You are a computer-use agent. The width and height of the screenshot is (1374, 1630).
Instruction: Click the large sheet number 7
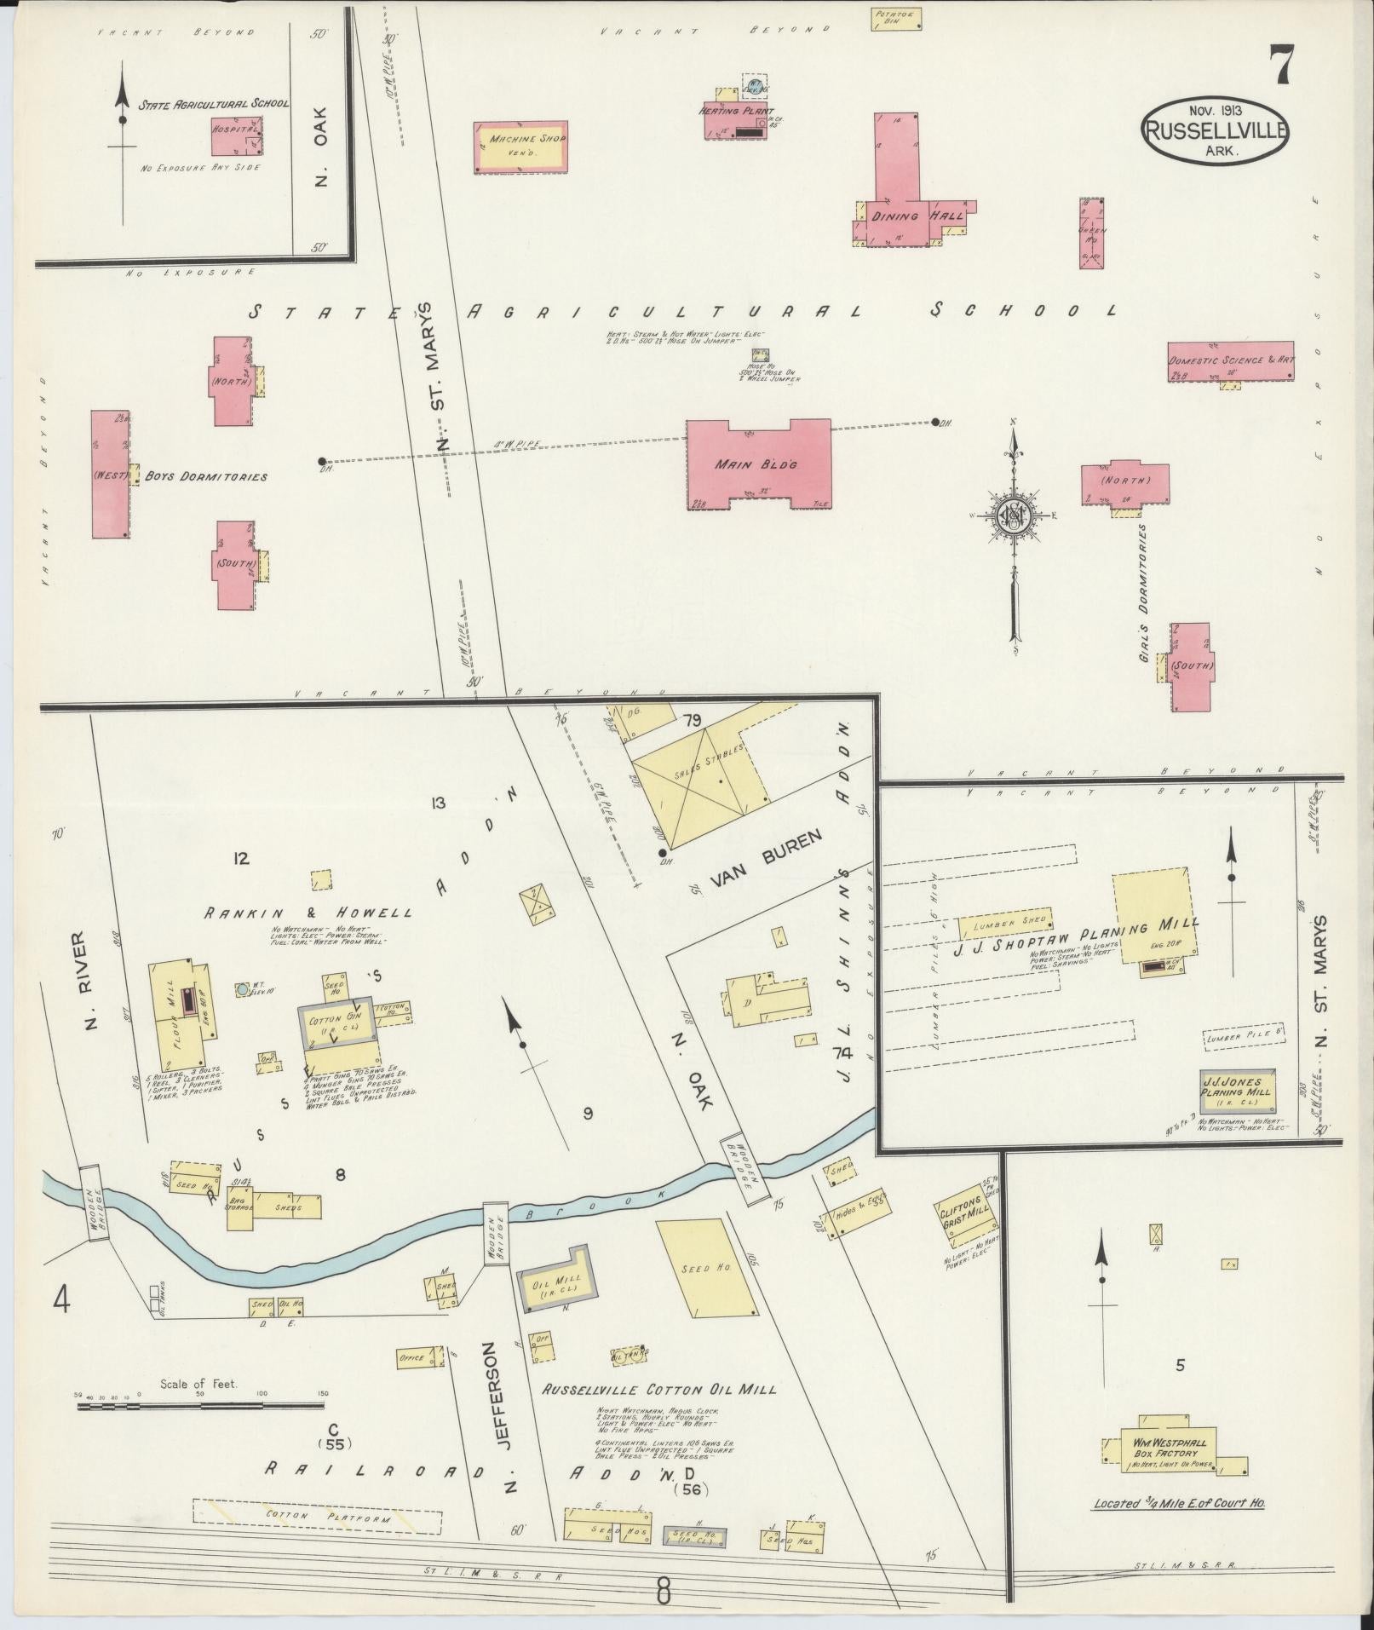click(1282, 64)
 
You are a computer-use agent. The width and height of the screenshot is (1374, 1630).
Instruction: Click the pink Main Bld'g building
click(758, 464)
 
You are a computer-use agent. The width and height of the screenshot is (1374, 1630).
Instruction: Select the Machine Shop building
click(520, 147)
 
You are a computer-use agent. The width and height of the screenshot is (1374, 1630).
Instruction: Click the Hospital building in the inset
click(236, 135)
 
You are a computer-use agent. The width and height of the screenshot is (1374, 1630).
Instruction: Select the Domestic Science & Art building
click(1230, 361)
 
